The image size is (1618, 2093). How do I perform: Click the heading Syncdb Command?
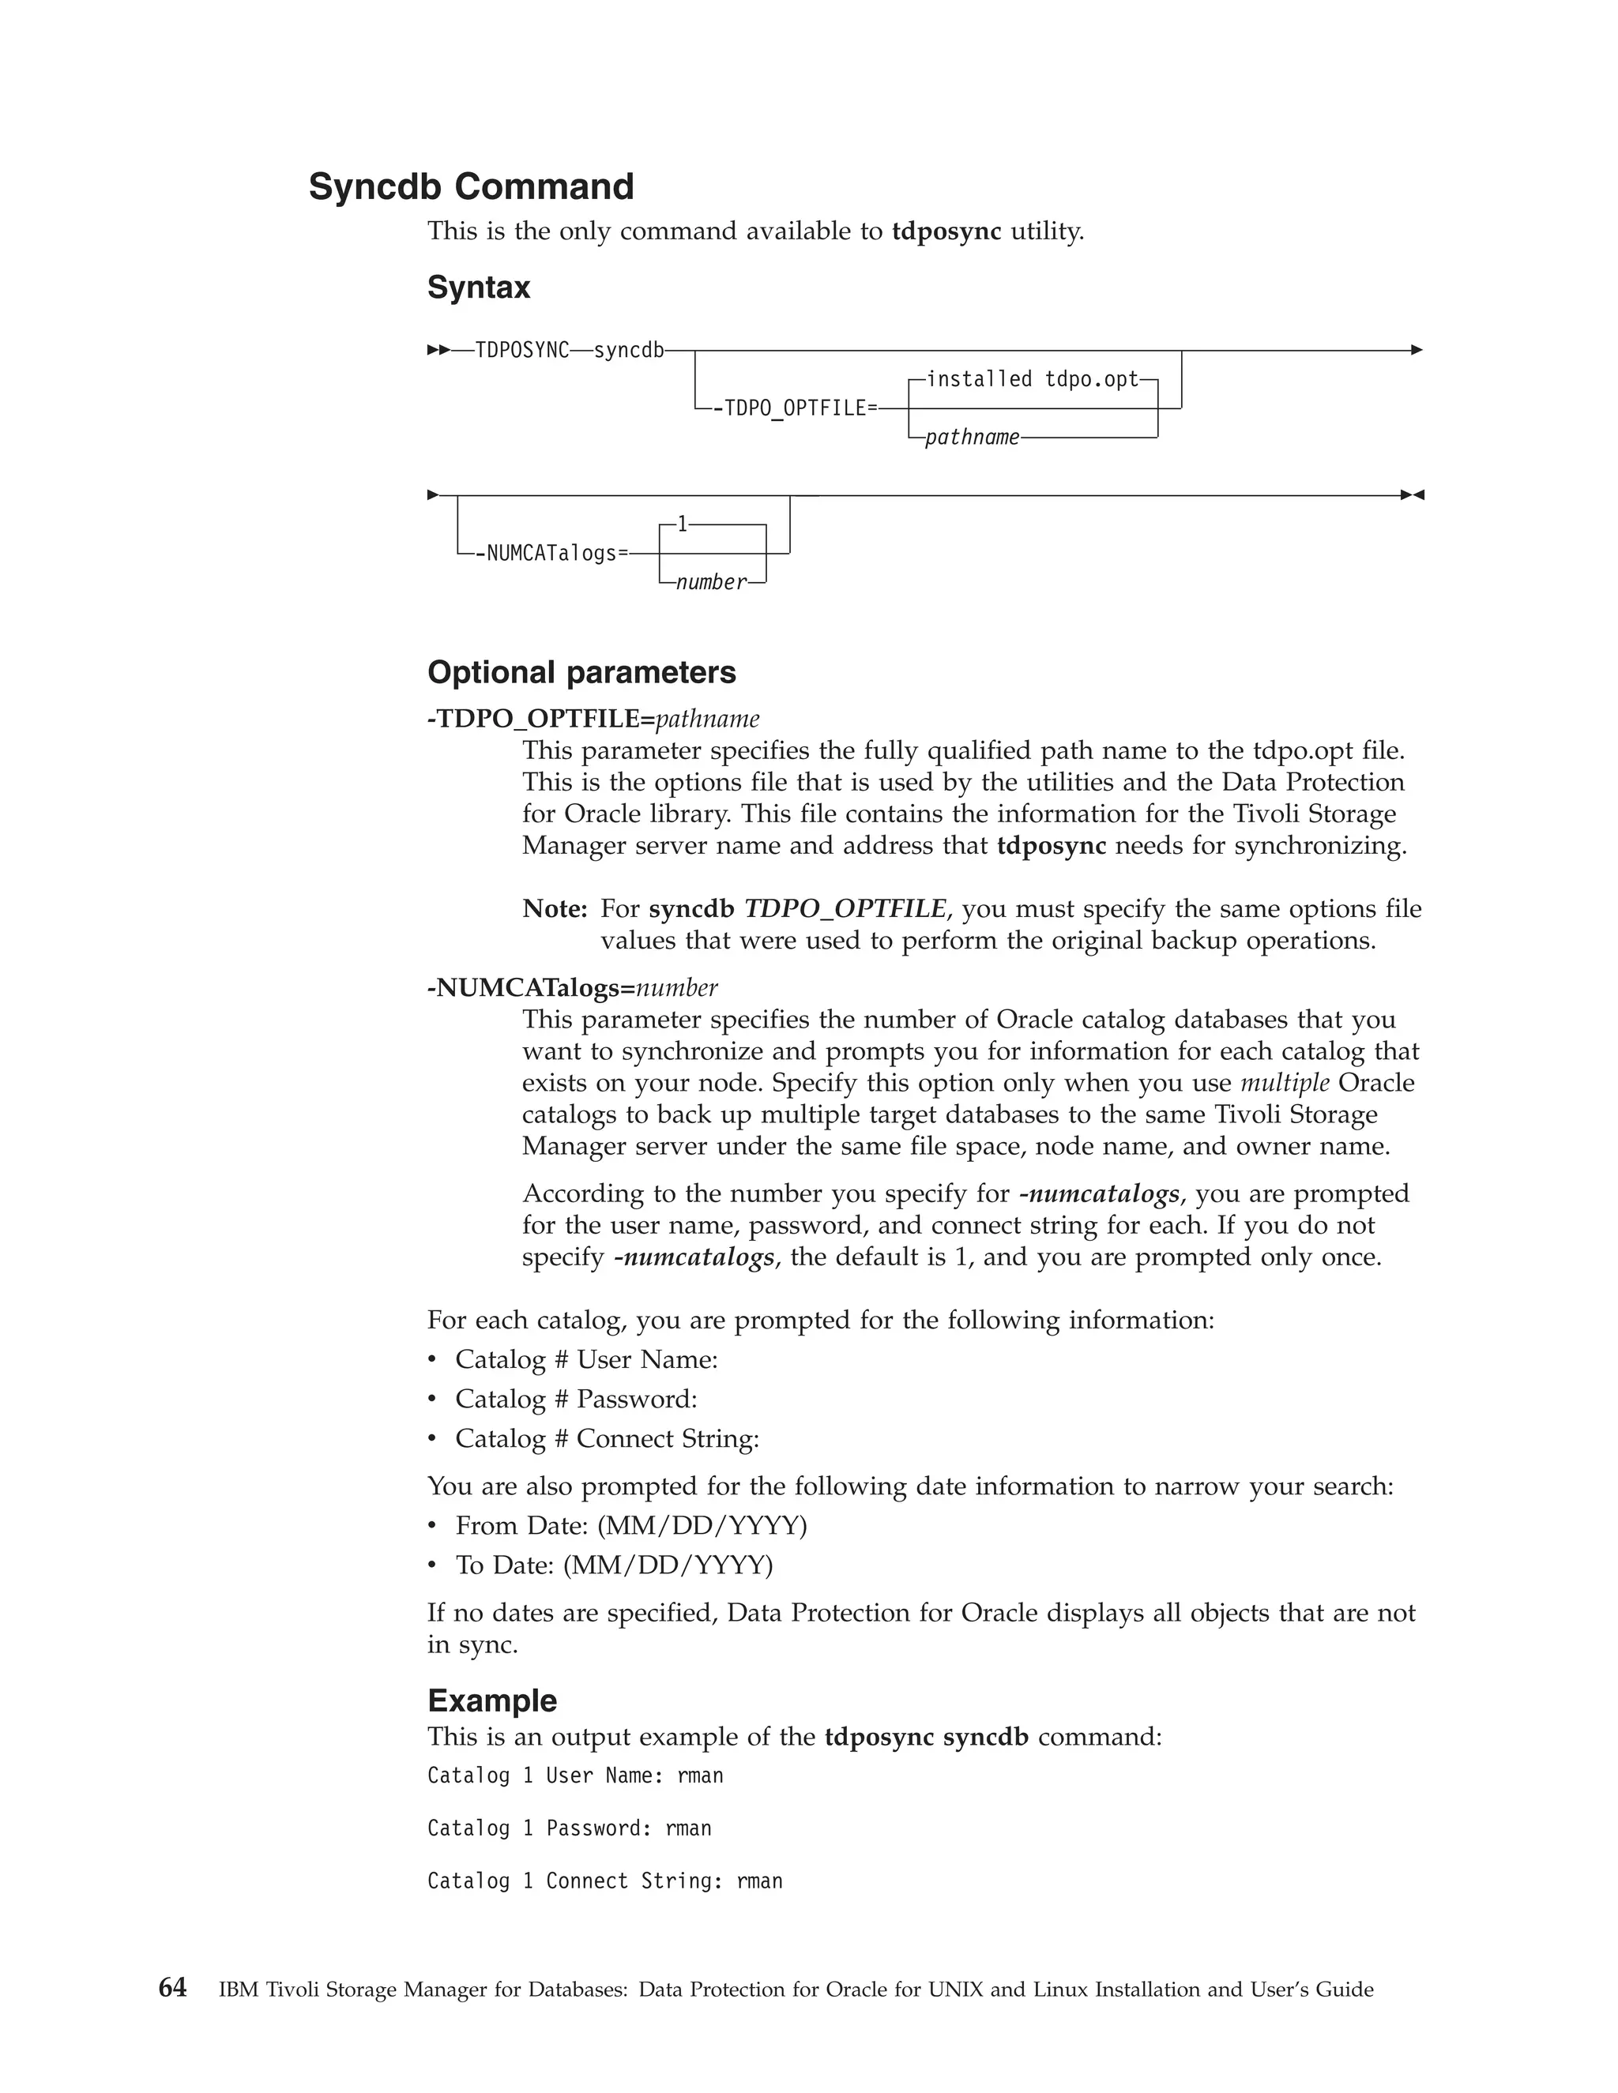click(x=471, y=187)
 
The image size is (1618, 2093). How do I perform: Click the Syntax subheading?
click(x=478, y=287)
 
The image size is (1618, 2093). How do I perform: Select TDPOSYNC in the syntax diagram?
click(x=522, y=351)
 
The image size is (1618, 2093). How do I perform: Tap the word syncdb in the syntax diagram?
click(x=629, y=351)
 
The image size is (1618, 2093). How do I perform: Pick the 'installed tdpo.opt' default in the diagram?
click(x=1033, y=379)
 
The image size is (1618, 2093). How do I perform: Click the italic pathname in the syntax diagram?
click(x=972, y=438)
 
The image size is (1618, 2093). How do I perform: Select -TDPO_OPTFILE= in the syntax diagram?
click(x=795, y=409)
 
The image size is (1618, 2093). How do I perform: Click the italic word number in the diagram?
click(x=711, y=583)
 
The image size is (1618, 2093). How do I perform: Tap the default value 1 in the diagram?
click(x=683, y=524)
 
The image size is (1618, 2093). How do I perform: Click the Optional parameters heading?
click(x=581, y=673)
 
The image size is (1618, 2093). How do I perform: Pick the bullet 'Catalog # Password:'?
click(x=575, y=1400)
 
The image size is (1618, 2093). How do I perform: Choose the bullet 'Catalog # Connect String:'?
click(x=607, y=1438)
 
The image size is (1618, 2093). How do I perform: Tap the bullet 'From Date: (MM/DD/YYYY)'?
click(x=630, y=1526)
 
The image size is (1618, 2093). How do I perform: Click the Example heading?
click(x=491, y=1701)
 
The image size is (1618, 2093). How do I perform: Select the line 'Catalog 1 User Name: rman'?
click(x=575, y=1775)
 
